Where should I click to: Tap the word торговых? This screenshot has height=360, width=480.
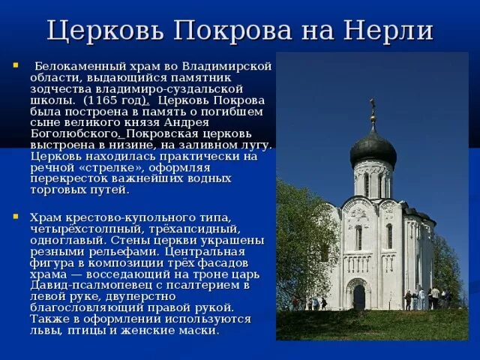pyautogui.click(x=61, y=190)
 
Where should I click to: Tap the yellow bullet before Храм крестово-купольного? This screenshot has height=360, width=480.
pyautogui.click(x=16, y=217)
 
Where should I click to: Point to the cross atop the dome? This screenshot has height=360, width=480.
pyautogui.click(x=372, y=107)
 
